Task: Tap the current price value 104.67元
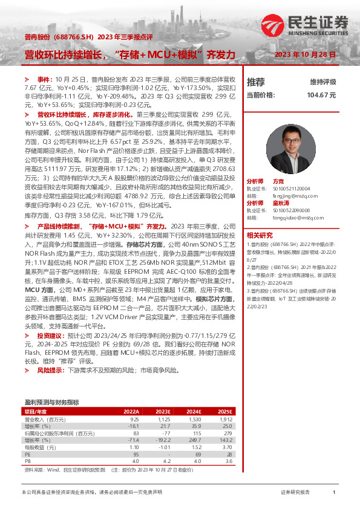321,95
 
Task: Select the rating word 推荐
256,82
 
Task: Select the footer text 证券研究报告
296,493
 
